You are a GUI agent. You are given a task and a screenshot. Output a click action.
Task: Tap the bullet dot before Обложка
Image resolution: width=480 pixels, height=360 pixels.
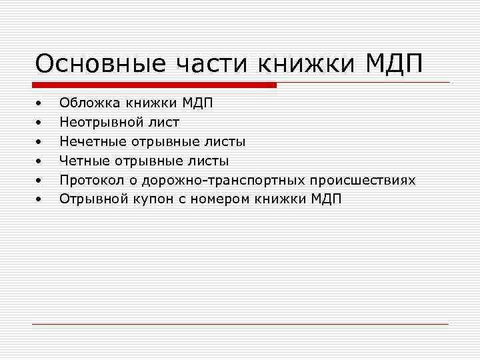click(x=39, y=104)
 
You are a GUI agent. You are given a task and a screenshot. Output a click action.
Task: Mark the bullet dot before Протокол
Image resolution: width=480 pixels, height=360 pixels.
click(x=39, y=181)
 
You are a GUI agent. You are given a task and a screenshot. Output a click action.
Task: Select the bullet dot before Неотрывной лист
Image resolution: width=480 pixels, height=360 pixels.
click(x=39, y=123)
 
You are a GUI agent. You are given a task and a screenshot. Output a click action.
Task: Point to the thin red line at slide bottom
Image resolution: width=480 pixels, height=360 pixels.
click(x=240, y=324)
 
